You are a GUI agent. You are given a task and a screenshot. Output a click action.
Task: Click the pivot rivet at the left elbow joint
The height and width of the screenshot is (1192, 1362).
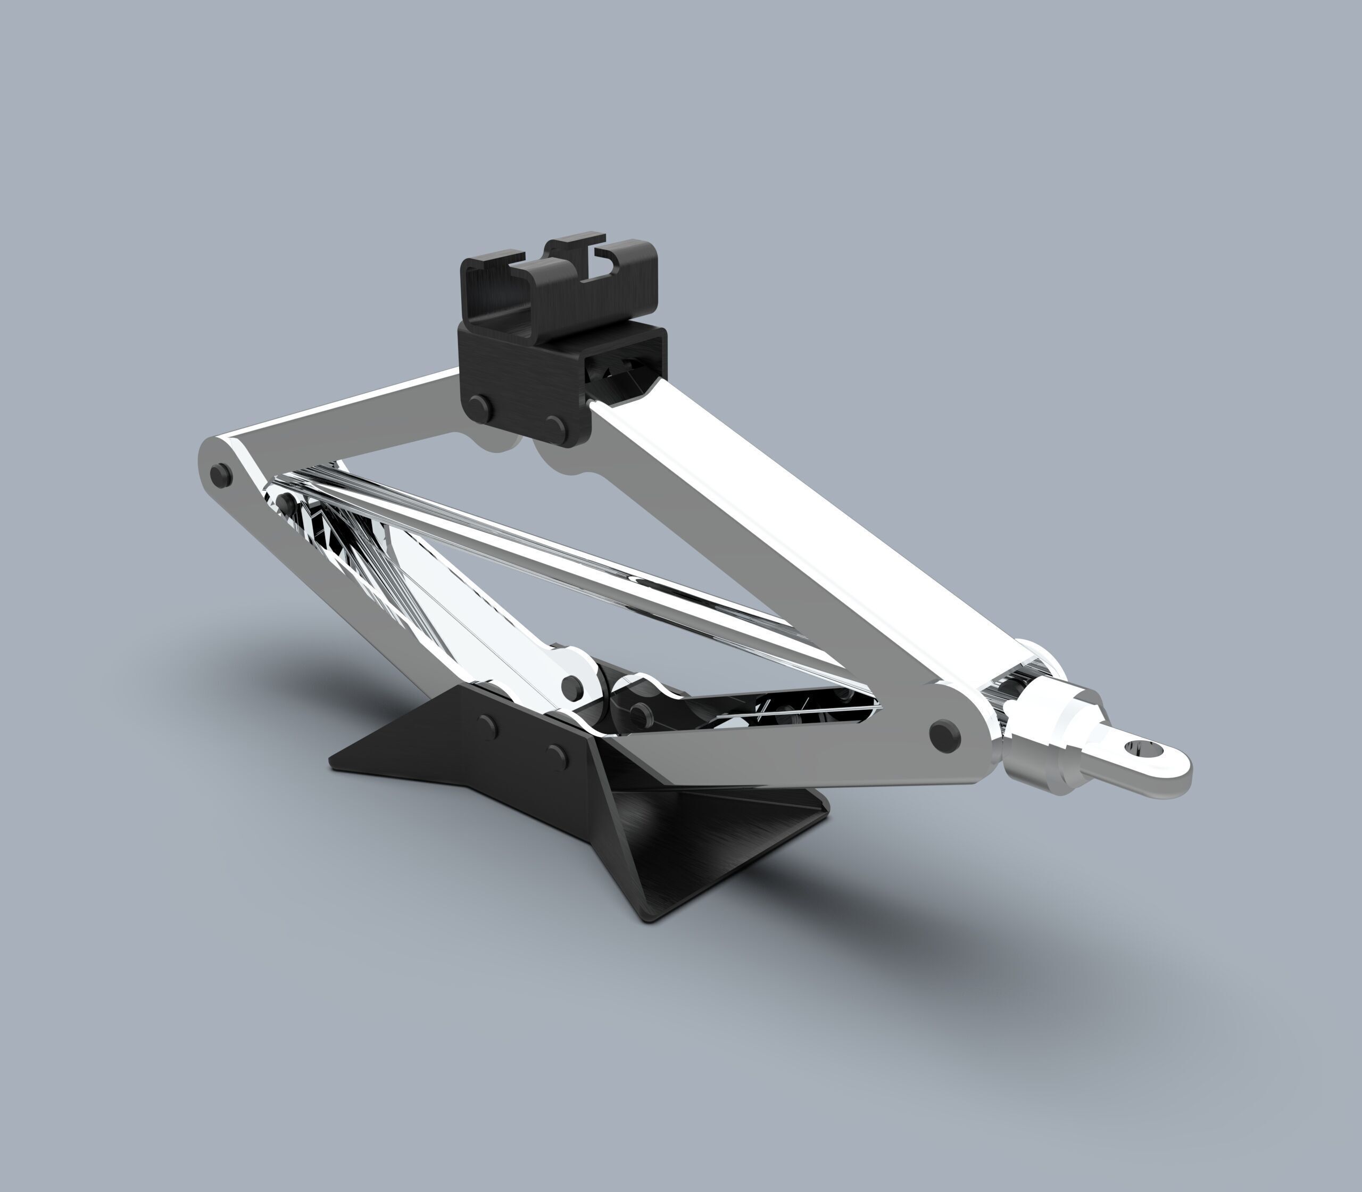click(x=220, y=475)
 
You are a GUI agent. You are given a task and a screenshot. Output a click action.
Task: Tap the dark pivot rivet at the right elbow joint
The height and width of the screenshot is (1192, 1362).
click(x=944, y=735)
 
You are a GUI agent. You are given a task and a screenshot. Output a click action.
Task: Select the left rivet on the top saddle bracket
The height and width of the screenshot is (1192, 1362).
click(x=478, y=405)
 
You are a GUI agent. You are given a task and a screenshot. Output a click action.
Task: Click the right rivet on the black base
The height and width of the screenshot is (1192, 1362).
click(x=558, y=754)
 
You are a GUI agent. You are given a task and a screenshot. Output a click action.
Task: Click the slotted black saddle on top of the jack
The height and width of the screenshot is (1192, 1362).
click(x=559, y=279)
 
